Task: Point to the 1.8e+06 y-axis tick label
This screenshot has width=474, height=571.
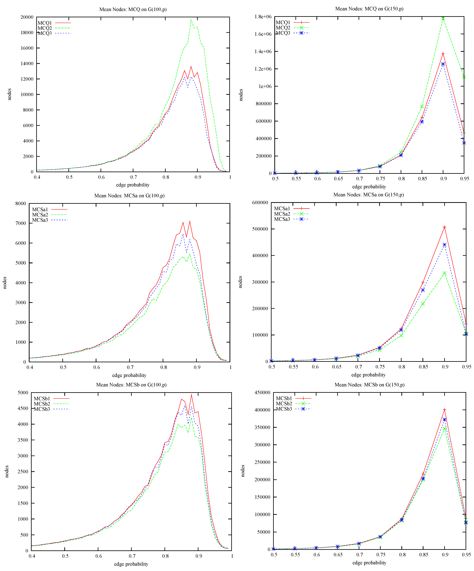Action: (263, 17)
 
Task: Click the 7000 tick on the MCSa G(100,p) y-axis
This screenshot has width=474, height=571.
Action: (21, 223)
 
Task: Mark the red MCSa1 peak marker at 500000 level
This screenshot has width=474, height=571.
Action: (444, 227)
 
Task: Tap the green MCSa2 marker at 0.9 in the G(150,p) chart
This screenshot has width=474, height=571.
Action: (444, 273)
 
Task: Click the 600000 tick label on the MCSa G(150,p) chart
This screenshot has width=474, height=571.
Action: (261, 203)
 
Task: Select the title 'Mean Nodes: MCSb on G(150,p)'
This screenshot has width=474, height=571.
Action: (369, 385)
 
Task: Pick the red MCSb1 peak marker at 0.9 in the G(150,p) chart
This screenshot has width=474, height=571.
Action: (444, 410)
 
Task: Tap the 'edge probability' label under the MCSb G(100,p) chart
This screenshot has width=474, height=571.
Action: (131, 564)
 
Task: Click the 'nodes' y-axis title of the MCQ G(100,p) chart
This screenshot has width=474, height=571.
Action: (10, 94)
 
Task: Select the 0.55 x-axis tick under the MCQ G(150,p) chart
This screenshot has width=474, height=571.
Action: (296, 179)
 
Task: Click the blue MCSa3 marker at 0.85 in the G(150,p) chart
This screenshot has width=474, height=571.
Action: (423, 290)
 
